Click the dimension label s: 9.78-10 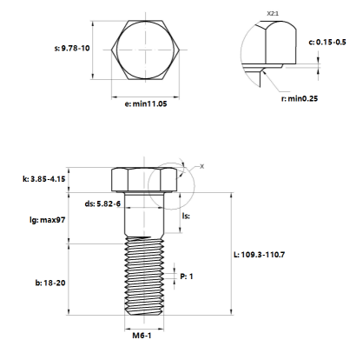pos(72,48)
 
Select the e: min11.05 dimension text pos(146,103)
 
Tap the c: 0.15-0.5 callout pos(327,42)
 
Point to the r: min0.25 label pos(300,98)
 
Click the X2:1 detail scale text pos(273,14)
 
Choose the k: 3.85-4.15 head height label pos(44,179)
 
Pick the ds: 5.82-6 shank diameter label pos(102,203)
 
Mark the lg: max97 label pos(48,220)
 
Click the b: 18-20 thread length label pos(50,283)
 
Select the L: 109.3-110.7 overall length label pos(259,255)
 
